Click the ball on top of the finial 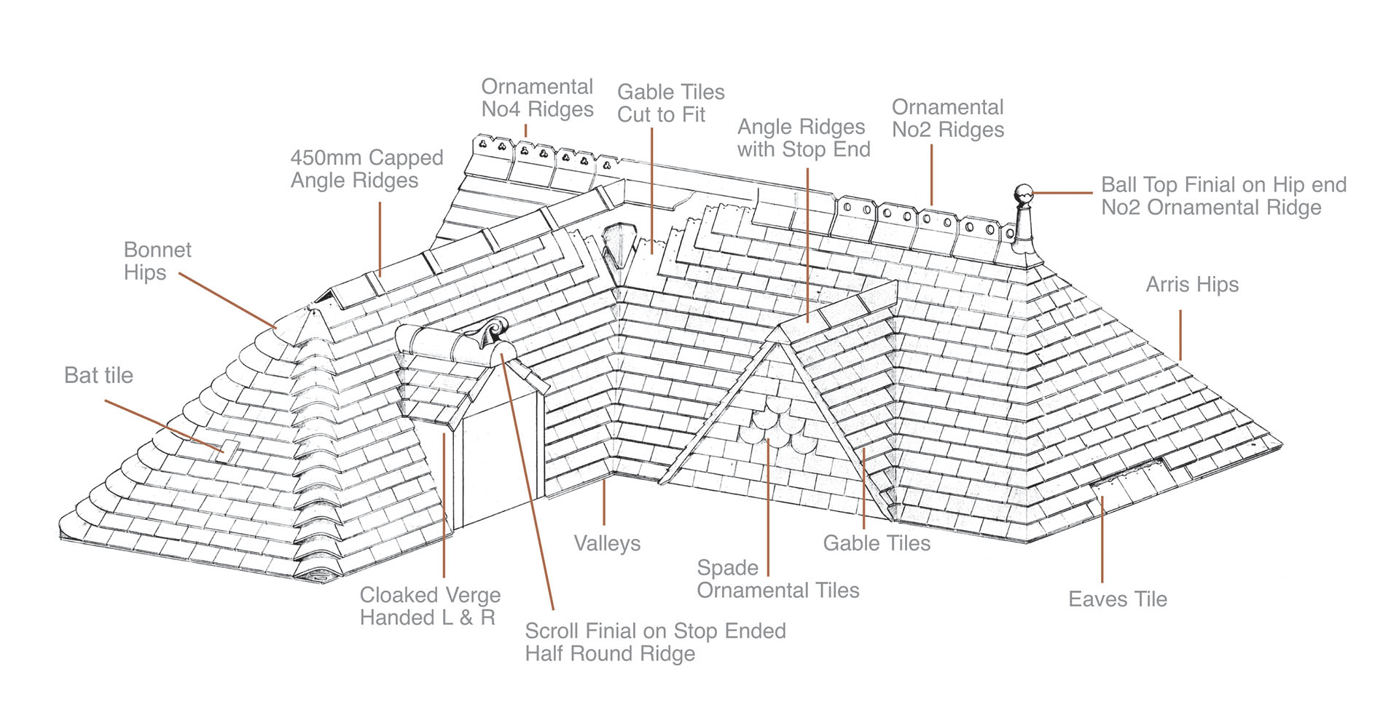(1024, 194)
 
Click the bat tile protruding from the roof (230, 449)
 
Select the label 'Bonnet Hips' (157, 261)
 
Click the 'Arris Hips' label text (1191, 285)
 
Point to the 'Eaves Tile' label (1117, 599)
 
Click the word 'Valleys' (606, 543)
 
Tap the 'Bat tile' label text (98, 376)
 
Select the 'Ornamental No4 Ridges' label (537, 98)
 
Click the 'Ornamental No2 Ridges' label (947, 119)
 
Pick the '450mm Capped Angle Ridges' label (367, 169)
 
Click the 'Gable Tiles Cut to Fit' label (670, 103)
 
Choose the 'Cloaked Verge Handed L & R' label (430, 607)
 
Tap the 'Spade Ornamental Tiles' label (777, 579)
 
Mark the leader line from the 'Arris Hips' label (1180, 335)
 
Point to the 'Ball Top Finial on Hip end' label (1223, 185)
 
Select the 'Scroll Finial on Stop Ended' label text (655, 631)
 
